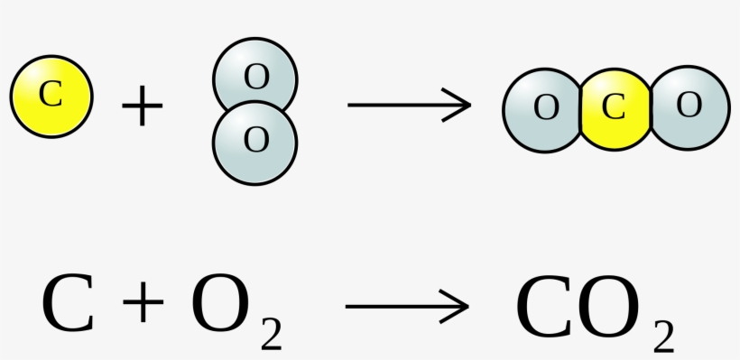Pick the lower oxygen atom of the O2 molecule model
(255, 142)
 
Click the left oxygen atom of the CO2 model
(543, 108)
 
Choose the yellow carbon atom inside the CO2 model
(614, 108)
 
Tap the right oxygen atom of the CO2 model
(689, 106)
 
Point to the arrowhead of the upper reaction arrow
(463, 105)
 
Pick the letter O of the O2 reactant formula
(219, 305)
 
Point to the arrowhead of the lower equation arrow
(460, 306)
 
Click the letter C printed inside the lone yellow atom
(51, 94)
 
